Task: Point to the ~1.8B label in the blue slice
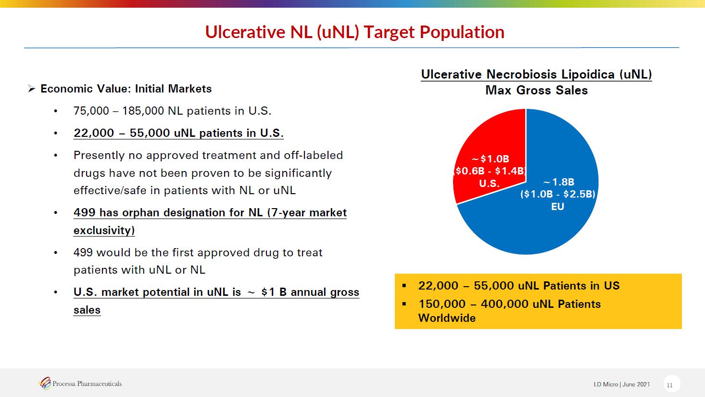point(559,182)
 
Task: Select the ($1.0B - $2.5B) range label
point(558,194)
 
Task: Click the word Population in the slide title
point(462,32)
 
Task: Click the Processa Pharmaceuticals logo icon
point(45,384)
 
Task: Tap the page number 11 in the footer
point(670,385)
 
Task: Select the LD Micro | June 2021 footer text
point(621,384)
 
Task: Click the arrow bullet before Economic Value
point(31,89)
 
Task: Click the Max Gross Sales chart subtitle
point(536,91)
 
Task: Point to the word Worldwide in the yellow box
point(447,318)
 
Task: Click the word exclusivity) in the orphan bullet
point(104,230)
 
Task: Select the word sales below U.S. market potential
point(87,310)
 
